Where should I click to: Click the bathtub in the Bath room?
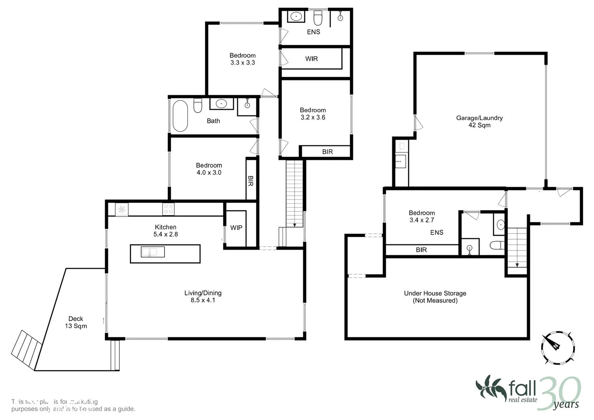tap(180, 116)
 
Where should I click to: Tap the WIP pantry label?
tap(236, 228)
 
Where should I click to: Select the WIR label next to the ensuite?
tap(312, 59)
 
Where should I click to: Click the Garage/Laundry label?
tap(479, 118)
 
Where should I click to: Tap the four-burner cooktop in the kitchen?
tap(168, 209)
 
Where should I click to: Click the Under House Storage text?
tap(435, 293)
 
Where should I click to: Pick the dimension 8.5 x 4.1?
tap(203, 300)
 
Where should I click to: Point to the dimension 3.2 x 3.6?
tap(313, 117)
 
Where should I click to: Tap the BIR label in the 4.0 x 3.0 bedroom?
tap(251, 181)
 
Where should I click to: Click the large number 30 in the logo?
tap(559, 393)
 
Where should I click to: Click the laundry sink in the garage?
tap(400, 161)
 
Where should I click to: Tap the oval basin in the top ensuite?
tap(297, 17)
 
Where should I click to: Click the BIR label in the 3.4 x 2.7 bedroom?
tap(421, 250)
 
